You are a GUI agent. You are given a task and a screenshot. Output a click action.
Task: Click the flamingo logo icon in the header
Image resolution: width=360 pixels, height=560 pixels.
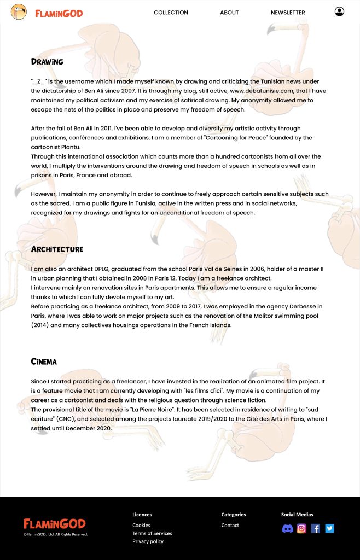click(x=19, y=12)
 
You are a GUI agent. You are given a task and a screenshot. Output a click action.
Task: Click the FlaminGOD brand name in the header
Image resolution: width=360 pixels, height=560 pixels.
click(x=59, y=13)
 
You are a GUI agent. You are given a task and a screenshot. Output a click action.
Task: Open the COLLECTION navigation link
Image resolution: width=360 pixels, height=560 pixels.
click(x=171, y=13)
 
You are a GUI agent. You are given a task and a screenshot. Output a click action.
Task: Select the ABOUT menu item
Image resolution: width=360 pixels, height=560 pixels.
click(x=229, y=13)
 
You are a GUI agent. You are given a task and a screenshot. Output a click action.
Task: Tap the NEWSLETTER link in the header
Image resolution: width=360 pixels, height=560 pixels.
click(x=288, y=13)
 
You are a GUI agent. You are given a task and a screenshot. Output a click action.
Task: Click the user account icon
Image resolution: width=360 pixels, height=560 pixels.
click(x=339, y=11)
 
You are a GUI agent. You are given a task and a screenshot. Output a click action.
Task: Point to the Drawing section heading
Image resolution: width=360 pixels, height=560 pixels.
click(x=47, y=62)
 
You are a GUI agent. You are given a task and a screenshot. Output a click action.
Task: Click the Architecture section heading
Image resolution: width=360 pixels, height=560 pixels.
click(x=57, y=249)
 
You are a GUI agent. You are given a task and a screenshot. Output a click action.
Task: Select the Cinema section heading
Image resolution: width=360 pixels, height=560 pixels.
click(x=44, y=361)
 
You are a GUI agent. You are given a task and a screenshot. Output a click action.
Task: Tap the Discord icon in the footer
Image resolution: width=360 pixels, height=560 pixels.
click(x=287, y=528)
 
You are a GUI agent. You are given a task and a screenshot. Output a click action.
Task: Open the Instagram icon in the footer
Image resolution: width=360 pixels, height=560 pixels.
click(x=301, y=528)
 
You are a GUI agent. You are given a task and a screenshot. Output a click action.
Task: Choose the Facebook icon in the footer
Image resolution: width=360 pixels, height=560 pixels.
click(x=316, y=528)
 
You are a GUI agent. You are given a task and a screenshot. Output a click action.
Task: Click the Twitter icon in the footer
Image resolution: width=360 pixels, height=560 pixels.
click(x=329, y=528)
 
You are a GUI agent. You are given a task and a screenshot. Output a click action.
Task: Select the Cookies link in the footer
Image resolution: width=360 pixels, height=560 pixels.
click(x=141, y=525)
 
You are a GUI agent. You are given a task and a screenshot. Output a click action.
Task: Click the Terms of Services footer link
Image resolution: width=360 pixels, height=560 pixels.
click(x=152, y=533)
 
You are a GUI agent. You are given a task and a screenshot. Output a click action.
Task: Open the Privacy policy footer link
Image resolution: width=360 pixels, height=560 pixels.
click(x=148, y=541)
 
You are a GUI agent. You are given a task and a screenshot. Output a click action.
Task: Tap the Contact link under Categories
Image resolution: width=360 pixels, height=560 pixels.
click(x=230, y=525)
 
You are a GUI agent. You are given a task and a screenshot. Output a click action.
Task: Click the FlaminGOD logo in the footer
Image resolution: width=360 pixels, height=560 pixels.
click(x=54, y=524)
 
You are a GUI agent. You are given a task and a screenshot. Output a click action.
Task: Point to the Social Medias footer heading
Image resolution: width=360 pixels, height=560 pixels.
click(x=297, y=515)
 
